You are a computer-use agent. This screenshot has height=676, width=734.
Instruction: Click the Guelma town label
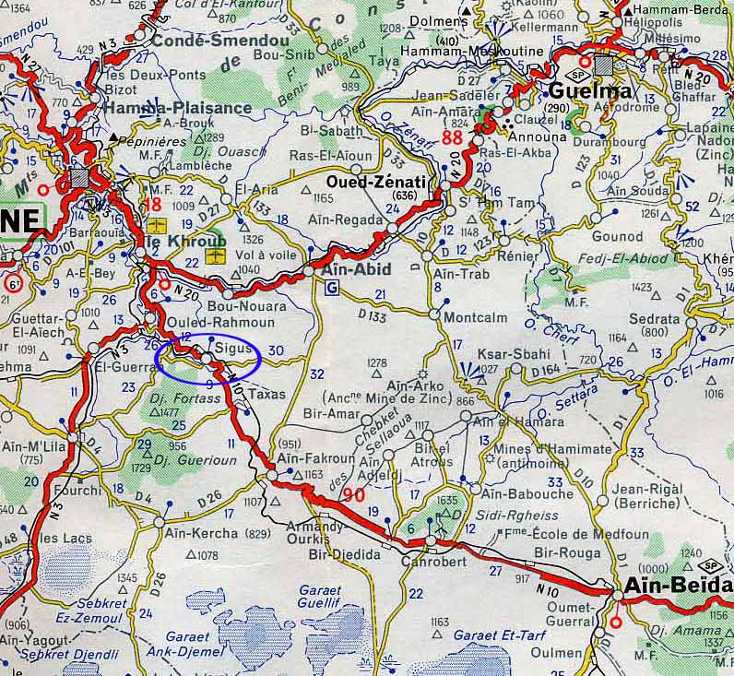click(x=591, y=91)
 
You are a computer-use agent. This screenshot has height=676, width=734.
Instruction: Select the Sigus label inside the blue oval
click(x=234, y=350)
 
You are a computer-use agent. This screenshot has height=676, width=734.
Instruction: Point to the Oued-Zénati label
click(x=377, y=182)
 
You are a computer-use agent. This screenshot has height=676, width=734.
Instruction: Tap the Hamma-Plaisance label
click(x=179, y=107)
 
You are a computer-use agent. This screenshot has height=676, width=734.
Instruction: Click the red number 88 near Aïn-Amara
click(x=452, y=137)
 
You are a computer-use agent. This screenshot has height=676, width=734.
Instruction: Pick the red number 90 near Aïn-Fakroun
click(x=352, y=495)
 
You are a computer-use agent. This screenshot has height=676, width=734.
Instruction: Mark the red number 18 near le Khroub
click(x=153, y=204)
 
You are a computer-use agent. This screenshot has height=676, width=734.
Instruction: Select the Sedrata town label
click(x=654, y=320)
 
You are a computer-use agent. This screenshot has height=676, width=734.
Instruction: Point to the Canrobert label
click(x=433, y=559)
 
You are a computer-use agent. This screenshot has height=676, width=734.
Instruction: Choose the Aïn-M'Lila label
click(x=36, y=447)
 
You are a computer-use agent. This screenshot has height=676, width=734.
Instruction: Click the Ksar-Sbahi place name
click(x=518, y=354)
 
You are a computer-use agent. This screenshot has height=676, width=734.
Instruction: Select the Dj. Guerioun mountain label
click(x=196, y=458)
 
